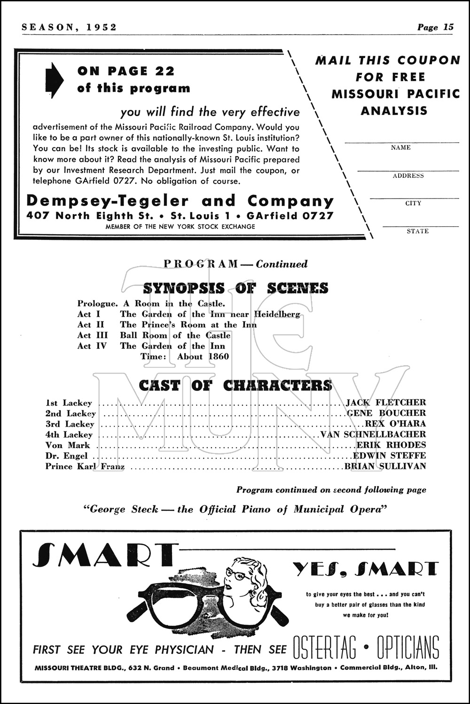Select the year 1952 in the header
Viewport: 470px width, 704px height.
(102, 27)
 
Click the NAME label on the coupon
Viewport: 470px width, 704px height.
(401, 147)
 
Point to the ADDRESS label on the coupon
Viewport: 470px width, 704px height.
(408, 176)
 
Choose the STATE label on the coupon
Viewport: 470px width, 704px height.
(417, 231)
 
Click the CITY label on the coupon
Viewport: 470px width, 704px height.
(413, 203)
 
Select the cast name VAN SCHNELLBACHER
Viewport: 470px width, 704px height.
(373, 435)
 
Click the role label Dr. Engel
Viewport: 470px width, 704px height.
(66, 456)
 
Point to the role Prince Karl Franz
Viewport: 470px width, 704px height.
(85, 467)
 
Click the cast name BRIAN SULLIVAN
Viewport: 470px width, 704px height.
(385, 467)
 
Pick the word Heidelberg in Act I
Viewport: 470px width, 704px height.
(277, 314)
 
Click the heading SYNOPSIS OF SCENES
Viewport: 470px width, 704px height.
(235, 288)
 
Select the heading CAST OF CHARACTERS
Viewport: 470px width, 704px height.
(235, 385)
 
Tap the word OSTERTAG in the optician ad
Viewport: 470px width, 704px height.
(324, 649)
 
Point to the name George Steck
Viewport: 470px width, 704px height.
(125, 509)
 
